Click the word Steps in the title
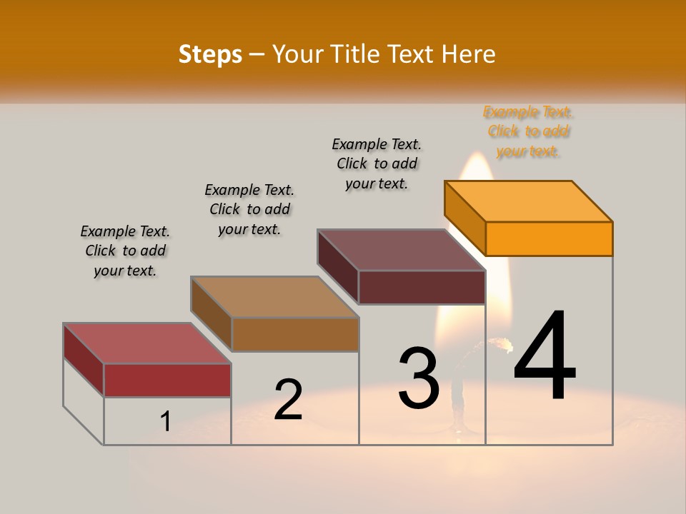click(x=210, y=54)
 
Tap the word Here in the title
click(x=468, y=54)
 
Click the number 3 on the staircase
click(x=419, y=378)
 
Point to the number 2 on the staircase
click(x=288, y=400)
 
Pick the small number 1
click(x=165, y=422)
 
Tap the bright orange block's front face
click(x=549, y=238)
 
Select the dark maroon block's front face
click(x=422, y=287)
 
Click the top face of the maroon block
click(x=402, y=250)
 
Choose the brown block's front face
click(x=295, y=334)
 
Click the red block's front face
click(x=167, y=380)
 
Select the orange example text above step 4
click(x=528, y=131)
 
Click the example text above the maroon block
click(x=377, y=163)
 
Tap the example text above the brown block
click(x=249, y=209)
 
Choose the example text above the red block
click(x=125, y=251)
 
